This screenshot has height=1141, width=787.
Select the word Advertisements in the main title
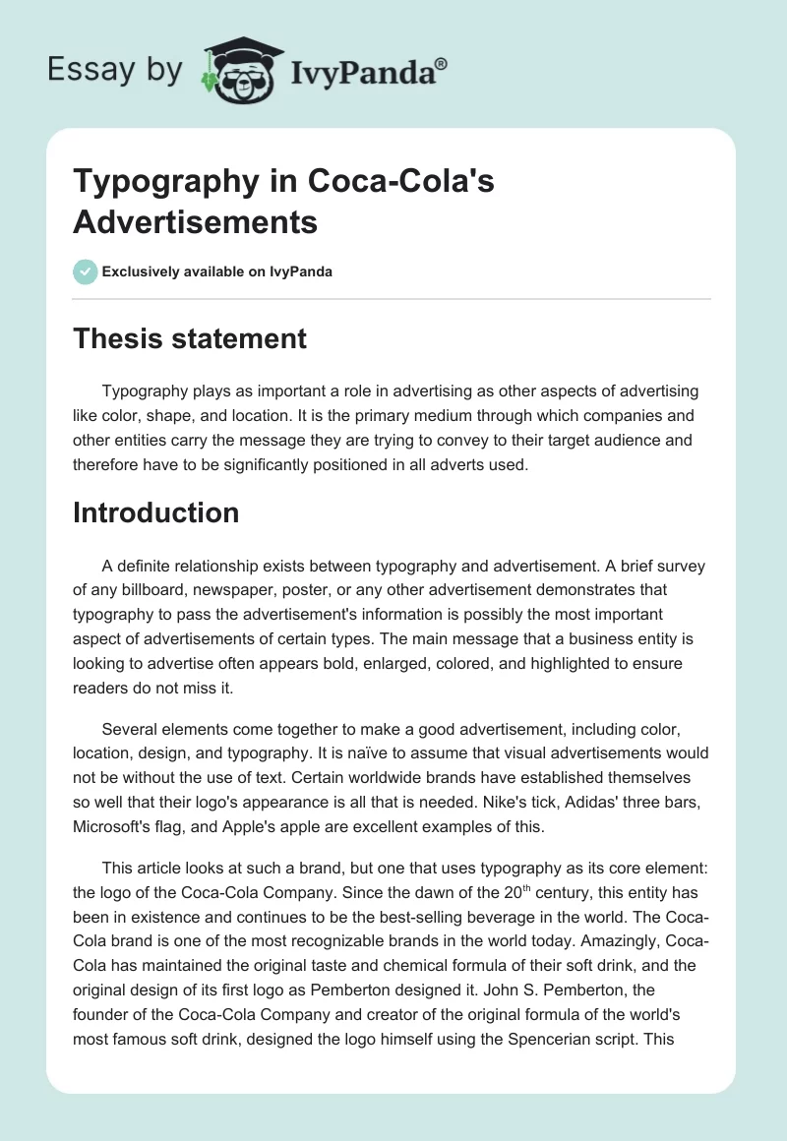[195, 221]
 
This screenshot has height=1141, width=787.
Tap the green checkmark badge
[86, 271]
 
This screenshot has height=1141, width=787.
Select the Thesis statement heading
[190, 339]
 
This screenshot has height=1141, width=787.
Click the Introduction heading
[156, 512]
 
